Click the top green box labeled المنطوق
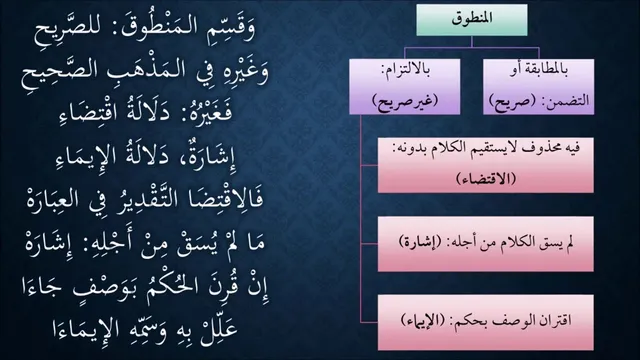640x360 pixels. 472,20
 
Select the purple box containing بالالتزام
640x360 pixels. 404,86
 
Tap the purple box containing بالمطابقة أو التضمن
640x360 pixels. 538,86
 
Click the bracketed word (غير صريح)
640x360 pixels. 405,100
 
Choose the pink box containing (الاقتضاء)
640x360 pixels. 486,165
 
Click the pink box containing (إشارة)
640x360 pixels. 486,244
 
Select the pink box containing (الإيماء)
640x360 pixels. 486,322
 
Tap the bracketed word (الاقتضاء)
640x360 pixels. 486,178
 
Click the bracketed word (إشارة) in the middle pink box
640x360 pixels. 420,242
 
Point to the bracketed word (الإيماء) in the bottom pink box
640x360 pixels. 422,320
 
